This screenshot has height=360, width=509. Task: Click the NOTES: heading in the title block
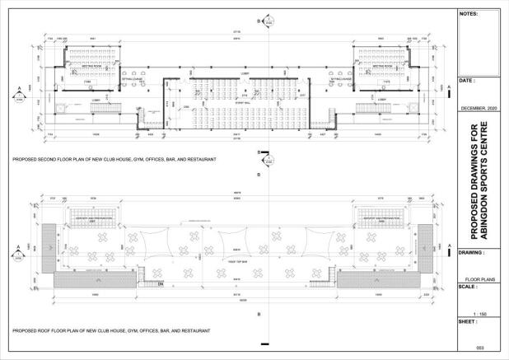467,14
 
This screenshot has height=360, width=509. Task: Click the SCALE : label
468,287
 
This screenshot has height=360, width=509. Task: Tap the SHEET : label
468,321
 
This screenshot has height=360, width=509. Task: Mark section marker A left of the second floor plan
20,90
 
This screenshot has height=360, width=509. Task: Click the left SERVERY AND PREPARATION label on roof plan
92,218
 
